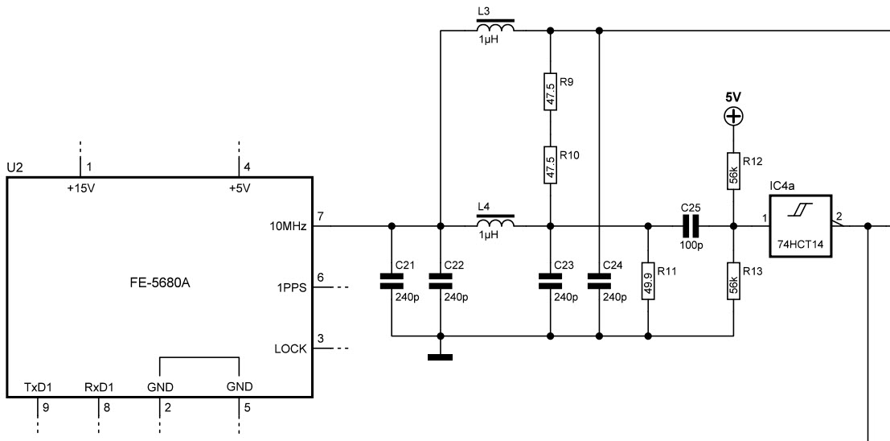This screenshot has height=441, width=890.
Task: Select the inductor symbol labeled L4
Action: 495,221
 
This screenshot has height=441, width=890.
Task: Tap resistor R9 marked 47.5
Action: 550,91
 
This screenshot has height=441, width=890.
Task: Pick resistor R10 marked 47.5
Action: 550,165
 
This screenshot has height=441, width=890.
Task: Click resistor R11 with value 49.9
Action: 648,281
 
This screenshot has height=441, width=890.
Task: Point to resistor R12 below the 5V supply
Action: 732,171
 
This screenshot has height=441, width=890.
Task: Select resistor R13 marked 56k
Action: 732,281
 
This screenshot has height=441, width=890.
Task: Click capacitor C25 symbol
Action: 690,226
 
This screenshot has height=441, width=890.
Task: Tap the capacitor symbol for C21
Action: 392,281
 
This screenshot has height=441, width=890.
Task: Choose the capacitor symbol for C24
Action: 600,281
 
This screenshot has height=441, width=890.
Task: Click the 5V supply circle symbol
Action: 733,117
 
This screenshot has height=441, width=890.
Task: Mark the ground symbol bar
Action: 441,357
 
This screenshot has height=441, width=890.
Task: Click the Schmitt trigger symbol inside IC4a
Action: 800,212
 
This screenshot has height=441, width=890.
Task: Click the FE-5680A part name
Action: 160,282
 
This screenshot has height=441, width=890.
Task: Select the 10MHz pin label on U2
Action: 289,226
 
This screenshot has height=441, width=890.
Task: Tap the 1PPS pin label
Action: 292,287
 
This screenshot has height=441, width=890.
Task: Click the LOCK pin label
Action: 290,349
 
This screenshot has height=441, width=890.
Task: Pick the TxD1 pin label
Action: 38,388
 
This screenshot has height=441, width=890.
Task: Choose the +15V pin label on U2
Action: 81,188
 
